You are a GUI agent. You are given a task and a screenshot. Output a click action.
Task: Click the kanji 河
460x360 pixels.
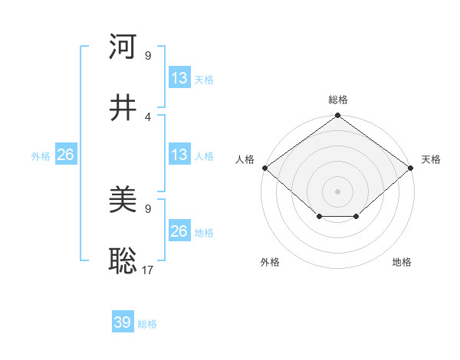pos(123,47)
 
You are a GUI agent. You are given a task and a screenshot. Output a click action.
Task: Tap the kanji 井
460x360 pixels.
pos(123,108)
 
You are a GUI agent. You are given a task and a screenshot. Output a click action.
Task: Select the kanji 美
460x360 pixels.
pos(123,201)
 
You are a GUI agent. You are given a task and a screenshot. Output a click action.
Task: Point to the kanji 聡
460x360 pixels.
pos(123,261)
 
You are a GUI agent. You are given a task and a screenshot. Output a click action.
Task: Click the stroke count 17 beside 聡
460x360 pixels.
pos(147,270)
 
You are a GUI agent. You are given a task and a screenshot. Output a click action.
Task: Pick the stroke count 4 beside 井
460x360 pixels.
pos(147,116)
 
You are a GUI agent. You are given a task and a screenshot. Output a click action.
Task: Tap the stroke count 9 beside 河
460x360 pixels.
pos(147,56)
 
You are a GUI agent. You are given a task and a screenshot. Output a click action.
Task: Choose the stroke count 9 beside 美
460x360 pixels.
pos(147,208)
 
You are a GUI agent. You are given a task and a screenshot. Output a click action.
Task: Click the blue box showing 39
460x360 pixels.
pos(123,322)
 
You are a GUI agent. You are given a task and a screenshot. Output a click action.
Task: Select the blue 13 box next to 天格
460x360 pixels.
pos(179,78)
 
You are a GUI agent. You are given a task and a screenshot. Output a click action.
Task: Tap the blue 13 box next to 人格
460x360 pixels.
pos(179,155)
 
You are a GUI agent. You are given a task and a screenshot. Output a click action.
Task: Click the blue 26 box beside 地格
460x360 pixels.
pos(179,231)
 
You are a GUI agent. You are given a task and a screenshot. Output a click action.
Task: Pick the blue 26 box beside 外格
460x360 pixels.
pos(65,155)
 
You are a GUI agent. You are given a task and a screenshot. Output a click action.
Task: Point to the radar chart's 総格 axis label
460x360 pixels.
pos(337,100)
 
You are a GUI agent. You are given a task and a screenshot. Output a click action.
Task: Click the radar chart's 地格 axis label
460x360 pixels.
pos(402,262)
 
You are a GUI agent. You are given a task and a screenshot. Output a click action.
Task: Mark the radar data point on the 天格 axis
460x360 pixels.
pos(412,168)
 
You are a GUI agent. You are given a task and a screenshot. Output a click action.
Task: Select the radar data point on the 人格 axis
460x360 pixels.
pos(264,168)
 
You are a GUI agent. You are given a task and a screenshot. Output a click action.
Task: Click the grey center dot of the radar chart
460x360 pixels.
pos(337,191)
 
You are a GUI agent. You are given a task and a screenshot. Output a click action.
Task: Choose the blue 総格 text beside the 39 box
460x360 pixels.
pos(147,324)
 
